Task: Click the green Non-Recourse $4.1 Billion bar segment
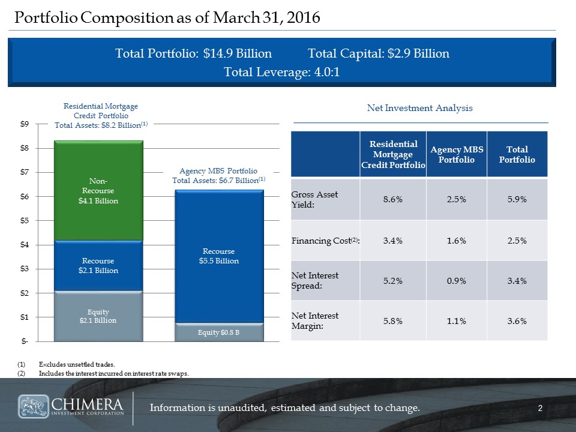(x=98, y=191)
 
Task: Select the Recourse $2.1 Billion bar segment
(x=98, y=266)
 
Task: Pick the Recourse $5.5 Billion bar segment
(x=220, y=256)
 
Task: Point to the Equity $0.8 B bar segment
(x=220, y=332)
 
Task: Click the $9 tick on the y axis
(x=23, y=125)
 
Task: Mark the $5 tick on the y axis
(x=23, y=221)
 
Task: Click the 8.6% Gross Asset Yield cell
(x=392, y=199)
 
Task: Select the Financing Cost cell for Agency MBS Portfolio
(x=455, y=241)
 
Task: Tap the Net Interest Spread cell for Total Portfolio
(x=517, y=280)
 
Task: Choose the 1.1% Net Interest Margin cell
(x=455, y=321)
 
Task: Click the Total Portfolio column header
(x=517, y=155)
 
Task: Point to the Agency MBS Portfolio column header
(x=455, y=155)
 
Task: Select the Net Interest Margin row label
(x=315, y=321)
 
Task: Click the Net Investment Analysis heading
(x=419, y=109)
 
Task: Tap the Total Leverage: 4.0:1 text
(x=282, y=73)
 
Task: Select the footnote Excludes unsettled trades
(x=76, y=364)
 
